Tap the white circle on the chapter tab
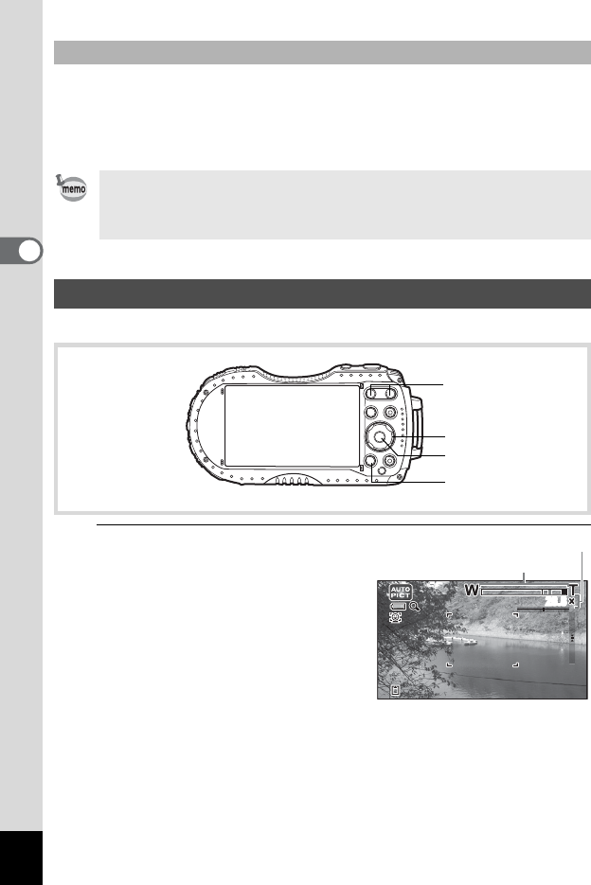30,251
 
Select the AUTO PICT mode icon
401,593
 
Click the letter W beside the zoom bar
472,591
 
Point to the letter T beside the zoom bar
573,591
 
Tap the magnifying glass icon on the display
415,607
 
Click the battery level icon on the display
399,607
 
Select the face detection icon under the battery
396,618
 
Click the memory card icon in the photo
396,690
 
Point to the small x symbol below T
572,602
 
